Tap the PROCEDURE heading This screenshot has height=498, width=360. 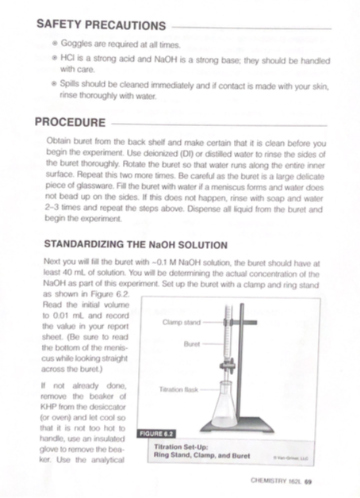coord(71,123)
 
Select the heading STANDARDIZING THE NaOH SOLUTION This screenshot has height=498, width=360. coord(136,244)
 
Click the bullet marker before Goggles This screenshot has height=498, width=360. coord(53,45)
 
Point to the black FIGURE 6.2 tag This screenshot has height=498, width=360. coord(157,434)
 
